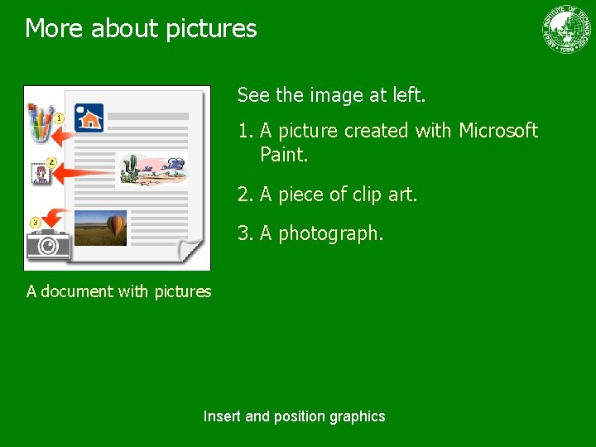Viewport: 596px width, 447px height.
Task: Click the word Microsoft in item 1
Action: pos(498,131)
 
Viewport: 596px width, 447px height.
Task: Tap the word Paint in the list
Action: pos(283,154)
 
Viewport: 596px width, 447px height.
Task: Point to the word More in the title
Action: pos(55,29)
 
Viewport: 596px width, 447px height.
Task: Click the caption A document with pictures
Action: pos(118,291)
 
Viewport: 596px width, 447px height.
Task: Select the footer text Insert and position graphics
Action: pos(294,416)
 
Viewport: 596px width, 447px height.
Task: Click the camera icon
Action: pos(48,244)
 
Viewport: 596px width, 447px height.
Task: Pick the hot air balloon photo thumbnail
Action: pos(100,228)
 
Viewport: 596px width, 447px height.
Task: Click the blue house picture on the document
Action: pos(89,118)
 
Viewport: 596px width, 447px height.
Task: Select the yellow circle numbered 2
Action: pos(50,161)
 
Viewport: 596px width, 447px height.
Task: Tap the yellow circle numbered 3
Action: pos(35,222)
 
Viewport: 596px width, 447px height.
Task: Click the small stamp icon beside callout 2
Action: pos(39,173)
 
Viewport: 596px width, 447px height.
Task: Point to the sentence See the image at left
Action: pos(331,95)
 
